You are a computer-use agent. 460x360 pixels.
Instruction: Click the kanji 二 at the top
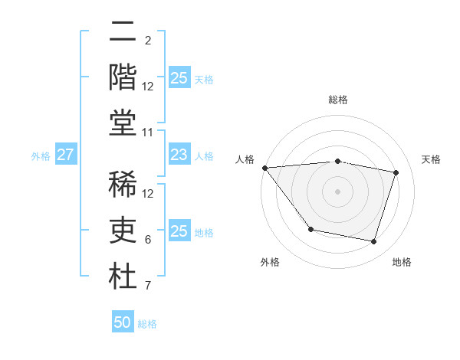tap(123, 33)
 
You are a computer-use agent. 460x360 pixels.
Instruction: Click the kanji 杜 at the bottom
tap(123, 277)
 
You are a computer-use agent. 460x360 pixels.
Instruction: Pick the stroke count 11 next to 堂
tap(148, 133)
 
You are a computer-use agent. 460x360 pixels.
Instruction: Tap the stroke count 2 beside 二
tap(148, 40)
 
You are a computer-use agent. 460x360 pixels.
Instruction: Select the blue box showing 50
tap(123, 322)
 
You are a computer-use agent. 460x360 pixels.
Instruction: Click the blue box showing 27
tap(65, 155)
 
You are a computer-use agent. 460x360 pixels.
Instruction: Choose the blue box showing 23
tap(179, 155)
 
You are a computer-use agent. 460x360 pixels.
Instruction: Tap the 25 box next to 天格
tap(179, 77)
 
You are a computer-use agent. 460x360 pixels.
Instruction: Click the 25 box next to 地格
tap(179, 231)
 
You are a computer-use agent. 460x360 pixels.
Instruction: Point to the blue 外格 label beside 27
tap(41, 155)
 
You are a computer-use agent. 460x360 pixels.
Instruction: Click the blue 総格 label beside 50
tap(147, 323)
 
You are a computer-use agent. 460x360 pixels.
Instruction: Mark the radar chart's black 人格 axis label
tap(245, 159)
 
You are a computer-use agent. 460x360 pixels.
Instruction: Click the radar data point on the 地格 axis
tap(374, 242)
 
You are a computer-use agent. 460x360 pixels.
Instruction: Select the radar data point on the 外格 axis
tap(310, 229)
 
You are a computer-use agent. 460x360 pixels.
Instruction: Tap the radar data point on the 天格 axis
tap(396, 172)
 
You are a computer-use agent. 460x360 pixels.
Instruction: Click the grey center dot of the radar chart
tap(337, 191)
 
